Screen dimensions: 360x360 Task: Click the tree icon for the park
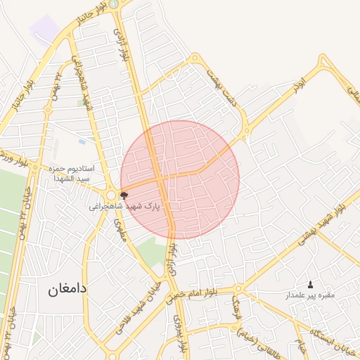coord(124,195)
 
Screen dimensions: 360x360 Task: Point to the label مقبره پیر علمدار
coord(310,296)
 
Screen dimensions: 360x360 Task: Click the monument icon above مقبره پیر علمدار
coord(311,284)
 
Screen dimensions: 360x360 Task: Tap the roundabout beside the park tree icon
coord(110,195)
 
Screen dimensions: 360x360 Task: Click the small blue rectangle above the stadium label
coord(82,141)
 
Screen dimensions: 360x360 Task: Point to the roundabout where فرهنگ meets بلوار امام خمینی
coord(238,288)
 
